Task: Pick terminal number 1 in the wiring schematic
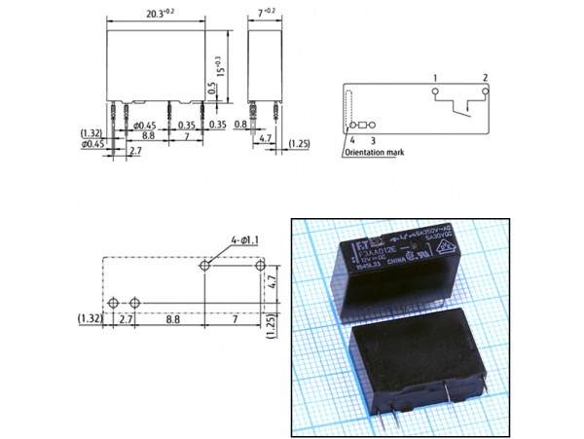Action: tap(436, 77)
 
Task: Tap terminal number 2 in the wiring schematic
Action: tap(484, 77)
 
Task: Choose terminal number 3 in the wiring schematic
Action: tap(372, 141)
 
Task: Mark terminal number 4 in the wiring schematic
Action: tap(350, 141)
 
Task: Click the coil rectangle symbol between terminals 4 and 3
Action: tap(365, 126)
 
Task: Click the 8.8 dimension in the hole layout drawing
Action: tap(171, 318)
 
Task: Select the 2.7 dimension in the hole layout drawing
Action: tap(126, 318)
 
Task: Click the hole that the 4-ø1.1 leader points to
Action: tap(206, 265)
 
